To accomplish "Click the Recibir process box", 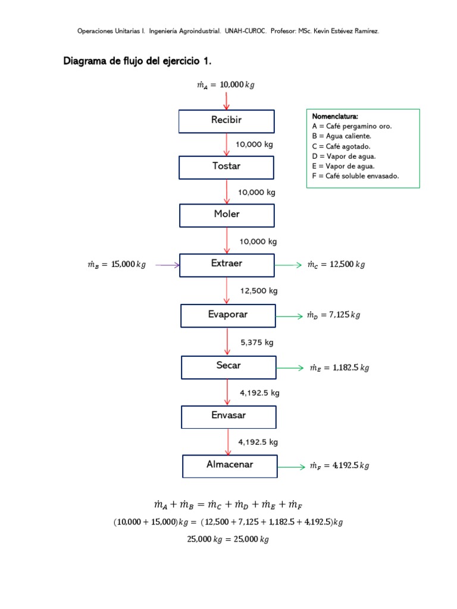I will pyautogui.click(x=227, y=121).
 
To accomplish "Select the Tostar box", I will pyautogui.click(x=227, y=167).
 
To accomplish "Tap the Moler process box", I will pyautogui.click(x=227, y=215).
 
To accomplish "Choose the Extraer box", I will pyautogui.click(x=227, y=265).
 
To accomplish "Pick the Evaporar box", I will pyautogui.click(x=228, y=315).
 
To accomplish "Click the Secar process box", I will pyautogui.click(x=228, y=367).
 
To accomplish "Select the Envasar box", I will pyautogui.click(x=228, y=416).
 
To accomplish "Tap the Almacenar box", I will pyautogui.click(x=230, y=466).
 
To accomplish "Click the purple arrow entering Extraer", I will pyautogui.click(x=167, y=265).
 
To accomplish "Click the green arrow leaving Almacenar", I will pyautogui.click(x=292, y=467).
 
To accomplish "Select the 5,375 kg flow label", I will pyautogui.click(x=257, y=343).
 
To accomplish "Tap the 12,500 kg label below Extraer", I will pyautogui.click(x=259, y=291).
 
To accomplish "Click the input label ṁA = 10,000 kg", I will pyautogui.click(x=226, y=85).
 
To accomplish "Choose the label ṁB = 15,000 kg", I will pyautogui.click(x=116, y=265).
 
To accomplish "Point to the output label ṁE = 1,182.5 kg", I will pyautogui.click(x=339, y=368).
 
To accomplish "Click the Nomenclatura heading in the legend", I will pyautogui.click(x=335, y=117).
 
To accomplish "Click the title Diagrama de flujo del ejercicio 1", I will pyautogui.click(x=137, y=61).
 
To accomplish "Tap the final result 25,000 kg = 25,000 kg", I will pyautogui.click(x=228, y=539).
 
